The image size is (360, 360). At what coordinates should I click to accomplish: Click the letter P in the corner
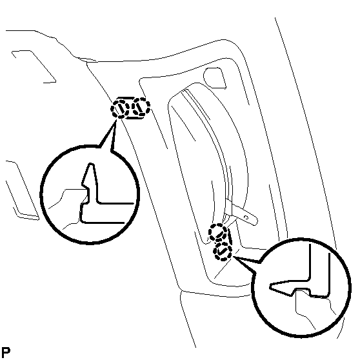pos(6,352)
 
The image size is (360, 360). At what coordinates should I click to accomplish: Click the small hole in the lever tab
pos(246,217)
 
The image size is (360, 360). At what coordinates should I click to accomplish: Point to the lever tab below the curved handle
pos(241,212)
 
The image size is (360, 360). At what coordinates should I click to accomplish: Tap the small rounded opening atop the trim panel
pos(214,78)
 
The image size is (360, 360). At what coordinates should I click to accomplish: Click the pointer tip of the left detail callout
pos(115,122)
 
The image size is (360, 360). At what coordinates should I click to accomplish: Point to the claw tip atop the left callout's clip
pos(91,164)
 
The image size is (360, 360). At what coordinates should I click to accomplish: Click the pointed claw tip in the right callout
pos(271,286)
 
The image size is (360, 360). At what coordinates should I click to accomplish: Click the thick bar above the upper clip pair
pos(126,98)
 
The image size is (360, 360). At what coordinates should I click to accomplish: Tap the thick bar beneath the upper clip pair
pos(135,117)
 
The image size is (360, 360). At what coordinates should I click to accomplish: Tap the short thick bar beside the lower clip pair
pos(230,236)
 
